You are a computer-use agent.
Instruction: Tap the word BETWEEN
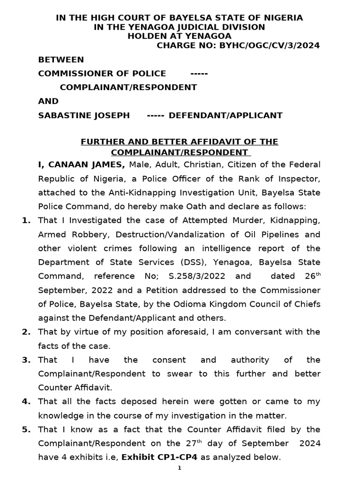click(x=61, y=60)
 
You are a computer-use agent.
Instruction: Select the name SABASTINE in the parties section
click(x=62, y=115)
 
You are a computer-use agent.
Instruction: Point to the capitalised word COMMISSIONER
click(x=74, y=73)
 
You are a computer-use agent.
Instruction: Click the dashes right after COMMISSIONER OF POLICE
click(x=199, y=73)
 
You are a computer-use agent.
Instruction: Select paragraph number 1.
click(x=26, y=220)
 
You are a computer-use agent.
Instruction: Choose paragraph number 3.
click(x=26, y=360)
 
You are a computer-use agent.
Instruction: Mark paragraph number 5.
click(x=26, y=429)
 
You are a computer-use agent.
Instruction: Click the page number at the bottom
click(x=180, y=469)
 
